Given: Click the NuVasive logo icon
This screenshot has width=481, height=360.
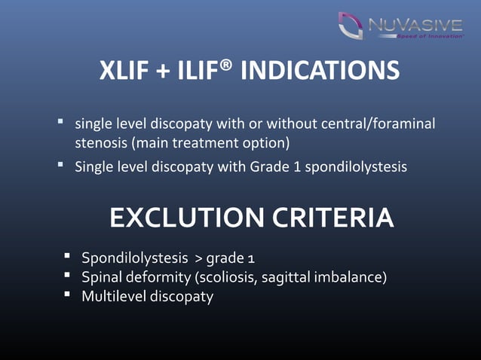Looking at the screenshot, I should pyautogui.click(x=351, y=26).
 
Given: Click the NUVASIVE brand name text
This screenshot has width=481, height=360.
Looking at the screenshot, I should pyautogui.click(x=415, y=26).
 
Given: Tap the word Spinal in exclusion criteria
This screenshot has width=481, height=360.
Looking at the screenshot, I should pyautogui.click(x=102, y=279).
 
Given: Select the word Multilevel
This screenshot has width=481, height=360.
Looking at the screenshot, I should pyautogui.click(x=114, y=297).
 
